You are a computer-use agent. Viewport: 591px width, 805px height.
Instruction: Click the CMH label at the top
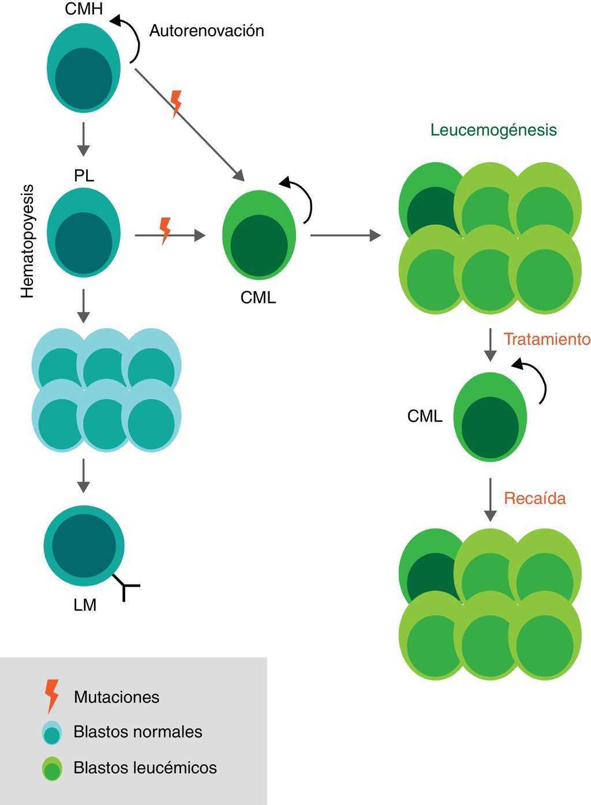[x=84, y=8]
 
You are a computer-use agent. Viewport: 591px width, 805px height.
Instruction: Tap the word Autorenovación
[x=207, y=31]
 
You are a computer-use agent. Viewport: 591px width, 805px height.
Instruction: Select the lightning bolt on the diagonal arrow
[x=177, y=103]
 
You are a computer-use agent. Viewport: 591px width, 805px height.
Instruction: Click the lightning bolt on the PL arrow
[x=166, y=230]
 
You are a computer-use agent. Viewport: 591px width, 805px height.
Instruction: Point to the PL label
[x=84, y=176]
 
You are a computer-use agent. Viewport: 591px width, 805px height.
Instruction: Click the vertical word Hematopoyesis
[x=28, y=241]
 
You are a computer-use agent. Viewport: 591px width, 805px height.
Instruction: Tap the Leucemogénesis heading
[x=493, y=130]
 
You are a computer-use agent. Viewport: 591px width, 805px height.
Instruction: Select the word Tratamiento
[x=547, y=339]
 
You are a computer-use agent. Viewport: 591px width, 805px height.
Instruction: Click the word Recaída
[x=535, y=498]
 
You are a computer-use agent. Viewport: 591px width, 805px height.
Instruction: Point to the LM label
[x=85, y=605]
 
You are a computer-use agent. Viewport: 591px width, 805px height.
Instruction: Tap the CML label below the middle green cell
[x=258, y=298]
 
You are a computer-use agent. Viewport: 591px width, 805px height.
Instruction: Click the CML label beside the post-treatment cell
[x=425, y=416]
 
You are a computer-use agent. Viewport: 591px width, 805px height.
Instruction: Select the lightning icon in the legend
[x=52, y=695]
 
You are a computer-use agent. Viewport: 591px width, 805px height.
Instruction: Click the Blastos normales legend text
[x=138, y=732]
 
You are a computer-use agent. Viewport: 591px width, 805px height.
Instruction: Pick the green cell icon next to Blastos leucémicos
[x=52, y=768]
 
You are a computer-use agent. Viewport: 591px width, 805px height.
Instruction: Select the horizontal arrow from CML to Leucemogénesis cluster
[x=345, y=235]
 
